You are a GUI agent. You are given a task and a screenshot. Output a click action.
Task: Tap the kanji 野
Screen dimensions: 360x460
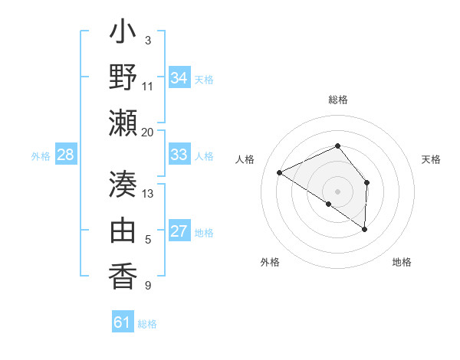123,78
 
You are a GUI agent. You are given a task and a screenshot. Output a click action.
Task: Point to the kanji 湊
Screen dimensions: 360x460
123,185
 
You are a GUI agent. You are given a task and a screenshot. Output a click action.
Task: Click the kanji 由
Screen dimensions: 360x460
123,230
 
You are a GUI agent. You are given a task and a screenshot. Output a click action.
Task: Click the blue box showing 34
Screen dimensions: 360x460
179,78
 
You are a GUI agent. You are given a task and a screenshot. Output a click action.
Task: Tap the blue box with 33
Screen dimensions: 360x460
179,155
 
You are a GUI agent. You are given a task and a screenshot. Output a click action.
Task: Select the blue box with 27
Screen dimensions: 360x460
179,232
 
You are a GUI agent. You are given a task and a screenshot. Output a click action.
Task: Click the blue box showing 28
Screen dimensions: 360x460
66,155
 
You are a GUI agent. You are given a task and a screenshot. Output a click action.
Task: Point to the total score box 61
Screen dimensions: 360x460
123,322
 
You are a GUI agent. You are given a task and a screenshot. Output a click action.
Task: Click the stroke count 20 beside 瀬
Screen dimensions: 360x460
147,133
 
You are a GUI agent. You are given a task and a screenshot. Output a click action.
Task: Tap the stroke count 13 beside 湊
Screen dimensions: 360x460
147,193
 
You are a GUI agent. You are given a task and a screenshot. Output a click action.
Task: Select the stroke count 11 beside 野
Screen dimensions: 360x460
147,86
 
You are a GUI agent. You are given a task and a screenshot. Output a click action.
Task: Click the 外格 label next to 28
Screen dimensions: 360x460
41,156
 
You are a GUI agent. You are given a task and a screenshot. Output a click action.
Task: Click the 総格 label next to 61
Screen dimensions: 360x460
147,324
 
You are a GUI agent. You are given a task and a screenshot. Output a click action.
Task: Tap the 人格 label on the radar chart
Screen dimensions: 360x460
245,159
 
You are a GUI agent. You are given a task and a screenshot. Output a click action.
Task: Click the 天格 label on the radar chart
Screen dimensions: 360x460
431,159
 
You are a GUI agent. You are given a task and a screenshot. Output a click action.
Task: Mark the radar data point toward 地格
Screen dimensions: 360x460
365,229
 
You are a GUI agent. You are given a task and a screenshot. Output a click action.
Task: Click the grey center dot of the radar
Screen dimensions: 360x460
337,191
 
